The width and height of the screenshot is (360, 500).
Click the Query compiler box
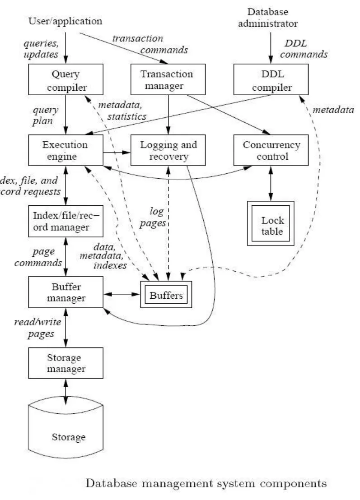tap(66, 80)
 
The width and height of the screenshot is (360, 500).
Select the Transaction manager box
tap(168, 80)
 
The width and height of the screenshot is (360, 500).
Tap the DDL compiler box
tap(271, 80)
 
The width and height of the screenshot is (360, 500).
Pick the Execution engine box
tap(65, 151)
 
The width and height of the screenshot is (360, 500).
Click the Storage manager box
tap(66, 364)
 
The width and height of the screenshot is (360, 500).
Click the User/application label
tap(65, 21)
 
